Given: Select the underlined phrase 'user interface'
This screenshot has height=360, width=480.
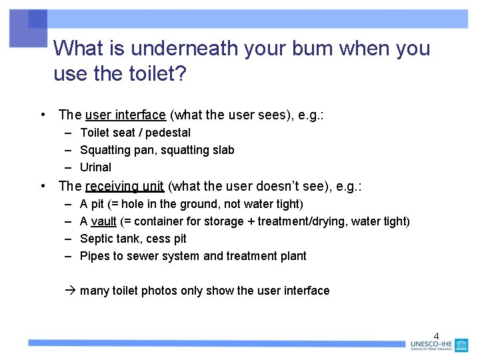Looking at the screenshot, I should pyautogui.click(x=125, y=115).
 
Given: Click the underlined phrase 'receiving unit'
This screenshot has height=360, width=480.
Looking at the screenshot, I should pyautogui.click(x=125, y=187).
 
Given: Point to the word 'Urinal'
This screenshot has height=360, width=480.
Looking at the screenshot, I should pyautogui.click(x=95, y=167).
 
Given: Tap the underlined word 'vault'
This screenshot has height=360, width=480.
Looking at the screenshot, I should pyautogui.click(x=103, y=221).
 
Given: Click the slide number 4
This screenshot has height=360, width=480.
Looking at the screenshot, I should pyautogui.click(x=437, y=335).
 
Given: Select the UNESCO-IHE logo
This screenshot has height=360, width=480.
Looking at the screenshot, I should pyautogui.click(x=439, y=345).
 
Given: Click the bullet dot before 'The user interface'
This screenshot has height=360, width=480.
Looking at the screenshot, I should pyautogui.click(x=43, y=115).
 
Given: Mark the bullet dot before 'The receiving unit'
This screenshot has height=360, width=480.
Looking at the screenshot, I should pyautogui.click(x=43, y=187).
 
